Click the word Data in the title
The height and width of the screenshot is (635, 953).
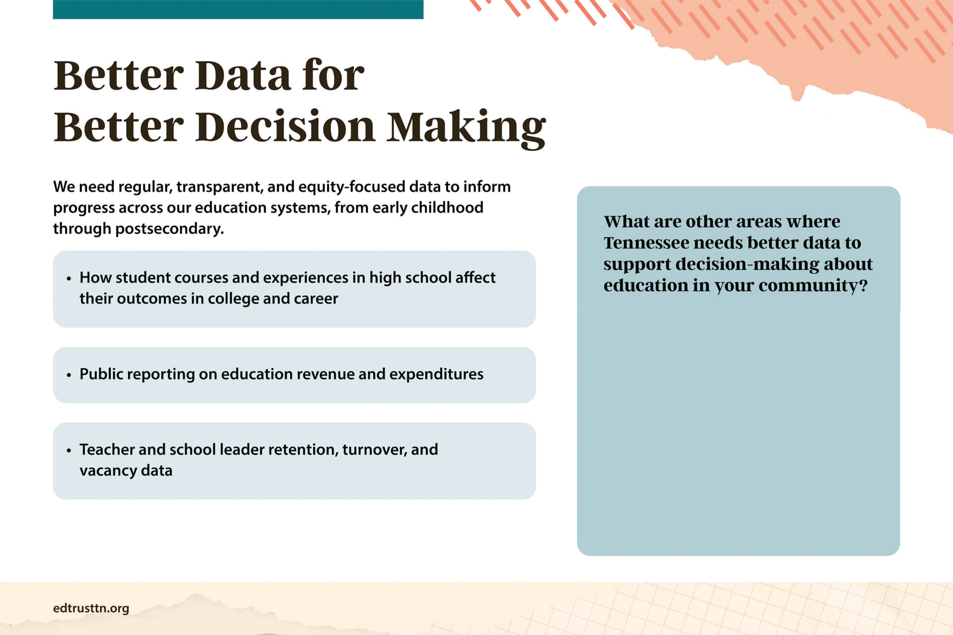[243, 75]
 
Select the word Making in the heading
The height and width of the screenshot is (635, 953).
[466, 129]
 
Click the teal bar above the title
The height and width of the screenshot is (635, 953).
[238, 9]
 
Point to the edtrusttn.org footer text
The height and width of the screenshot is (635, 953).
[91, 608]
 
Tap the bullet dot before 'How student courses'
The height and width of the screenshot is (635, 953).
[69, 278]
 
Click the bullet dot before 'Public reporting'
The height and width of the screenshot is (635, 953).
[69, 375]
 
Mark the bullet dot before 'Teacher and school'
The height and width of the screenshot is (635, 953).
[69, 450]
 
